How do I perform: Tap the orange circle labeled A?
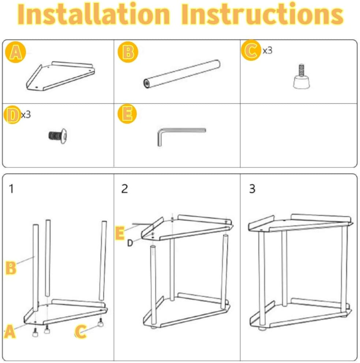[x=15, y=52]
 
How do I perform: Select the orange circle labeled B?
[x=128, y=52]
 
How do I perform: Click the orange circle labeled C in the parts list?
[x=251, y=50]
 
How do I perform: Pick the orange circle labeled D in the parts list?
[x=12, y=115]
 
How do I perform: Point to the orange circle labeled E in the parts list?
[x=127, y=114]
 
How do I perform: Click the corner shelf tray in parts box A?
[x=60, y=76]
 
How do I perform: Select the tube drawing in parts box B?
[x=182, y=74]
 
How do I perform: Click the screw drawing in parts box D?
[x=58, y=136]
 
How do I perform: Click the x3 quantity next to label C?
[x=267, y=51]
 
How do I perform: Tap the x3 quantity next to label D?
[x=26, y=115]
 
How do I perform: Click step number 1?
[x=11, y=189]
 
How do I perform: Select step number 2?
[x=124, y=189]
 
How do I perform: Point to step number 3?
[x=252, y=189]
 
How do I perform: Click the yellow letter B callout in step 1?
[x=11, y=268]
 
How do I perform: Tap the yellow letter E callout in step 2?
[x=120, y=233]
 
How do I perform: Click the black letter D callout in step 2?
[x=130, y=243]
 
